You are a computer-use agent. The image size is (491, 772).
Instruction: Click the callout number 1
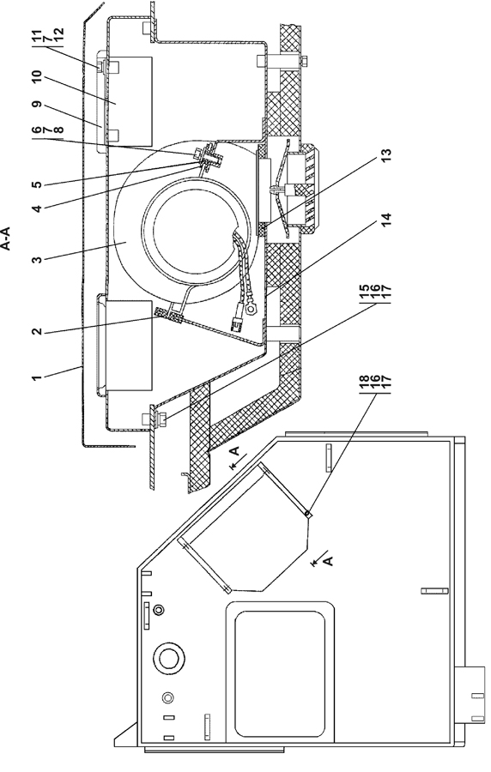(36, 378)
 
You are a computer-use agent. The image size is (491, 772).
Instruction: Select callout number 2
(36, 331)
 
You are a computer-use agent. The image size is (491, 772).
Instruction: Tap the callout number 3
(36, 258)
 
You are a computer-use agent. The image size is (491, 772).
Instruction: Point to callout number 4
(36, 208)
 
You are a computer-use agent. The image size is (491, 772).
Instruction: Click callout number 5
(36, 184)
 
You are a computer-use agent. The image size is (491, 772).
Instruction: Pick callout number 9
(36, 106)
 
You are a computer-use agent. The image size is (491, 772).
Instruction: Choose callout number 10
(36, 79)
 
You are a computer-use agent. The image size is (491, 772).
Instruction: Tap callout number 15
(364, 294)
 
